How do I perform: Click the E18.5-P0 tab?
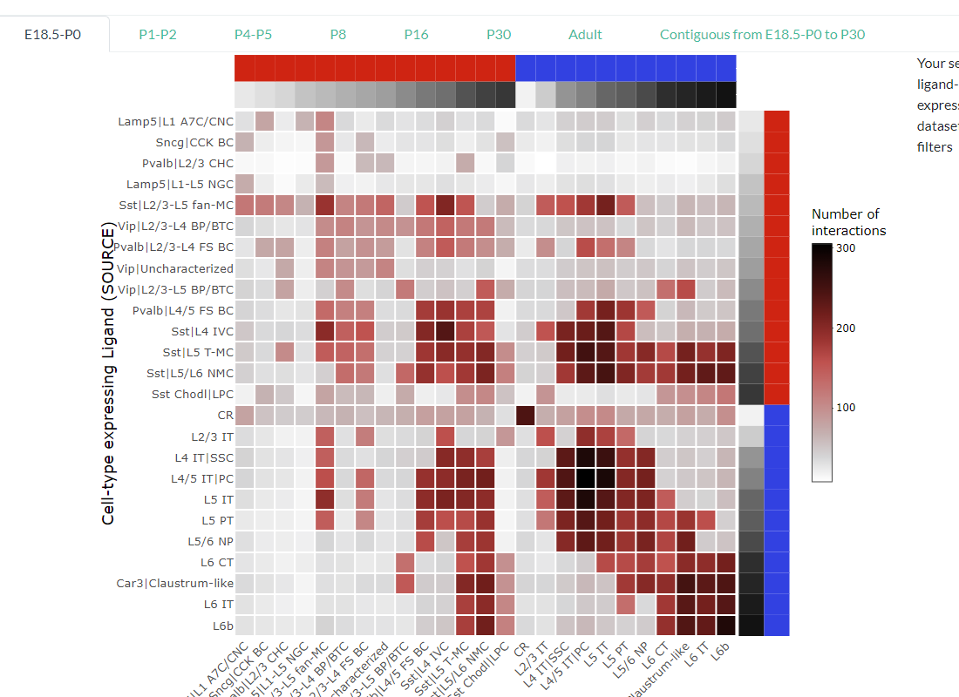[x=53, y=35]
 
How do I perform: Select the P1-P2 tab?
[x=158, y=35]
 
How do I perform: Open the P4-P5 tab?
[x=253, y=35]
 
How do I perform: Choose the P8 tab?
[x=338, y=35]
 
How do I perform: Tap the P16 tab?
[x=416, y=35]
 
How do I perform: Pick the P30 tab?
[x=499, y=35]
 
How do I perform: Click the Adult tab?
[x=585, y=35]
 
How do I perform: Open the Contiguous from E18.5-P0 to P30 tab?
[x=762, y=35]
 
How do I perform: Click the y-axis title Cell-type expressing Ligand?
[x=108, y=374]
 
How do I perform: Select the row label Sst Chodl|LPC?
[x=192, y=395]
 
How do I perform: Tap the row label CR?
[x=226, y=416]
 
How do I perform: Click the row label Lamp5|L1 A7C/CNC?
[x=175, y=121]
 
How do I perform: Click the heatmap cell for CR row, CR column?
[x=526, y=416]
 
